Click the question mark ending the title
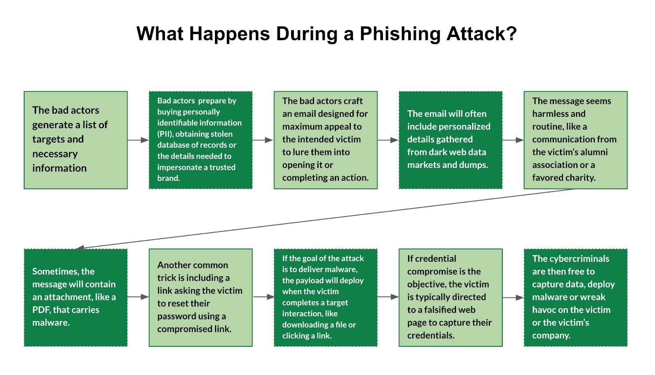(511, 34)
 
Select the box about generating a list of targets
(76, 140)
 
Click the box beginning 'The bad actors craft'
(325, 140)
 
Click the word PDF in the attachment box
(41, 310)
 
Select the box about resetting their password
(201, 298)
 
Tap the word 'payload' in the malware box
(310, 280)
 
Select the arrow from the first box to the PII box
(138, 140)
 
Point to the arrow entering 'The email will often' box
(388, 140)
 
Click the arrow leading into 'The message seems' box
(513, 140)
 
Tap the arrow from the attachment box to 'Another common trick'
(138, 297)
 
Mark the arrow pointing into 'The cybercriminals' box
(513, 298)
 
